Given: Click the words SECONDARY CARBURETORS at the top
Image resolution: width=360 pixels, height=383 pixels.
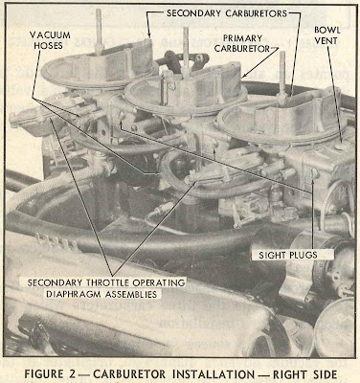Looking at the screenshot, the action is [227, 13].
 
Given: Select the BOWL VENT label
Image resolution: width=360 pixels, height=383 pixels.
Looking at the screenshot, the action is [327, 35].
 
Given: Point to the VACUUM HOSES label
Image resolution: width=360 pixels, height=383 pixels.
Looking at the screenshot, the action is [50, 40].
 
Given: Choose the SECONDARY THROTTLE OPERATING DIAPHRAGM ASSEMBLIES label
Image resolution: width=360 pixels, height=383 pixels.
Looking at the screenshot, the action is [106, 288].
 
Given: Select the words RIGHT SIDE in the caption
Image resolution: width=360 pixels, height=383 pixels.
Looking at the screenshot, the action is [304, 374].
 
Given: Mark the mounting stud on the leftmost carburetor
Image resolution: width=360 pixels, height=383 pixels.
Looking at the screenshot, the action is [99, 32].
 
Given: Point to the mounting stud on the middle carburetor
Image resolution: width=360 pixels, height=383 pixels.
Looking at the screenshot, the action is [186, 51].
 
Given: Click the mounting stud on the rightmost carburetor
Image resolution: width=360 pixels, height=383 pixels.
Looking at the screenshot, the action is [282, 74].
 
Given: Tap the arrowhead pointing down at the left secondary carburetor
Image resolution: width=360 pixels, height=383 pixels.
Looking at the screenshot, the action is [149, 34].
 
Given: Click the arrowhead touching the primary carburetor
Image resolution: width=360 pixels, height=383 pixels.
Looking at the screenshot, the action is [244, 76].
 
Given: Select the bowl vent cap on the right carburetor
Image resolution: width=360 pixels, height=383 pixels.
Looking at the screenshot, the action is [342, 146].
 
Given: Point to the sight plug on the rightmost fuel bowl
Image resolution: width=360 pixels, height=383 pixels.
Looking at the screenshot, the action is [315, 173].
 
